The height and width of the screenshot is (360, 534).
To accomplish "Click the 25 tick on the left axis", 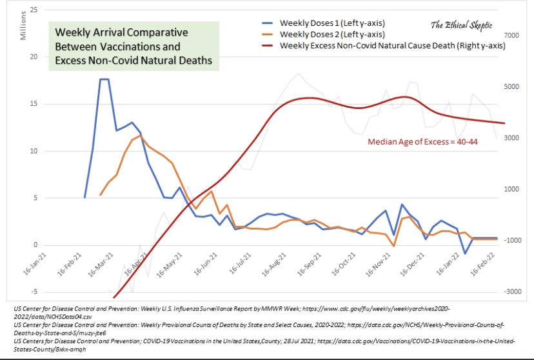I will click(x=33, y=10).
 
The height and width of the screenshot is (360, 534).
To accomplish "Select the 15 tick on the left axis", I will click(x=33, y=104).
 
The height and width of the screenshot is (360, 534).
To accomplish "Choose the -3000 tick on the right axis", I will click(x=502, y=292).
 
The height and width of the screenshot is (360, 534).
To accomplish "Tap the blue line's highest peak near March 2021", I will click(x=104, y=79).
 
